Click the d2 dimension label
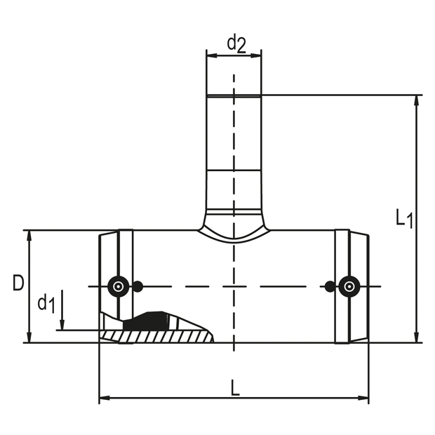(236, 43)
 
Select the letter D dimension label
(18, 283)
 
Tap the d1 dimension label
(46, 304)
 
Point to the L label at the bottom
(235, 387)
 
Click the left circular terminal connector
(118, 286)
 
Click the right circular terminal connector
(349, 286)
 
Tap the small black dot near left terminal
(138, 286)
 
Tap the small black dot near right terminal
(329, 286)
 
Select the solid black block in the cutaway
(144, 321)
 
